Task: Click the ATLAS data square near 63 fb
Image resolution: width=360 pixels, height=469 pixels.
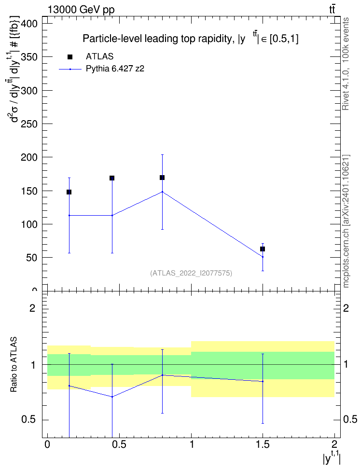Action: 263,249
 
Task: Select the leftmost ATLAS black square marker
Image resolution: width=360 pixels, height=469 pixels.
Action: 69,192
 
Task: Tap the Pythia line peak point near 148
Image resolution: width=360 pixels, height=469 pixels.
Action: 162,192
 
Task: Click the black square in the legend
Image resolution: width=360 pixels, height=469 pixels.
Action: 70,57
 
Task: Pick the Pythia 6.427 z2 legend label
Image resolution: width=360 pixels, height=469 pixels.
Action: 115,69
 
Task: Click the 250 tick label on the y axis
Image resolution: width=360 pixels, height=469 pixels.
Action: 29,124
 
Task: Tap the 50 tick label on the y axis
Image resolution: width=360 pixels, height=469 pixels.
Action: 32,258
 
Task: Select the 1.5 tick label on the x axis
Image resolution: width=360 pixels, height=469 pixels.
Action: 263,444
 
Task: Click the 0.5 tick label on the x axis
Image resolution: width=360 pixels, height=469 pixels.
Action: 119,444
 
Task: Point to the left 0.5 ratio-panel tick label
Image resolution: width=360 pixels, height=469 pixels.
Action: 28,420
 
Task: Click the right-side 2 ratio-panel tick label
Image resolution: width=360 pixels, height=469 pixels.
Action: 346,308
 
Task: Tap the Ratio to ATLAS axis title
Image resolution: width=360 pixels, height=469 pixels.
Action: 14,364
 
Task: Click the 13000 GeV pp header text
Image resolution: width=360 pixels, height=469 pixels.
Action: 81,10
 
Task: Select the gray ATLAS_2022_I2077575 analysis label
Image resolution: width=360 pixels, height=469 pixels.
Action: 191,273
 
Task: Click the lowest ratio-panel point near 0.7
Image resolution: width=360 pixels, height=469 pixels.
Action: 112,397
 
